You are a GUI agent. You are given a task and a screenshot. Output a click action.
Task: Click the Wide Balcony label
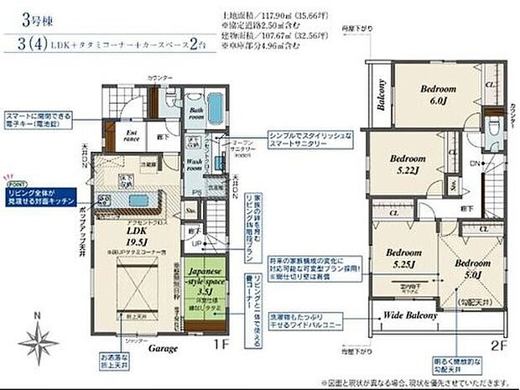coord(410,315)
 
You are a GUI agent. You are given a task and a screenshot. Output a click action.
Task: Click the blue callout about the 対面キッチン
coord(44,197)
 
